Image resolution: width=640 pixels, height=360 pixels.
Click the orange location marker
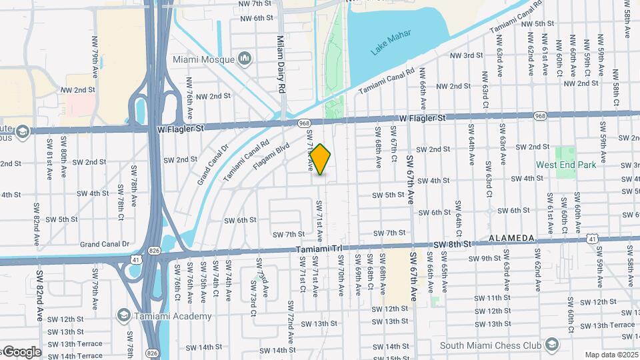click(321, 159)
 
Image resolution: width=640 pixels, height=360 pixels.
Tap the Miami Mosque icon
click(245, 59)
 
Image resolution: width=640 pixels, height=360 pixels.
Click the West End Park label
click(566, 165)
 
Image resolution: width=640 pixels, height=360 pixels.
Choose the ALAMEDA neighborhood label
click(511, 238)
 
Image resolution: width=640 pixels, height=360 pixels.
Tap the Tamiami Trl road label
click(319, 249)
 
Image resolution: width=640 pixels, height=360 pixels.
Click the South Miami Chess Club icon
click(551, 345)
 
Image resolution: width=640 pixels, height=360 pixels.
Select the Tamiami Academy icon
click(123, 315)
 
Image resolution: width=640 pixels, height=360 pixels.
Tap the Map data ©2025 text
click(611, 355)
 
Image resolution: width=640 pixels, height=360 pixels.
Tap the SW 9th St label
click(485, 259)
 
